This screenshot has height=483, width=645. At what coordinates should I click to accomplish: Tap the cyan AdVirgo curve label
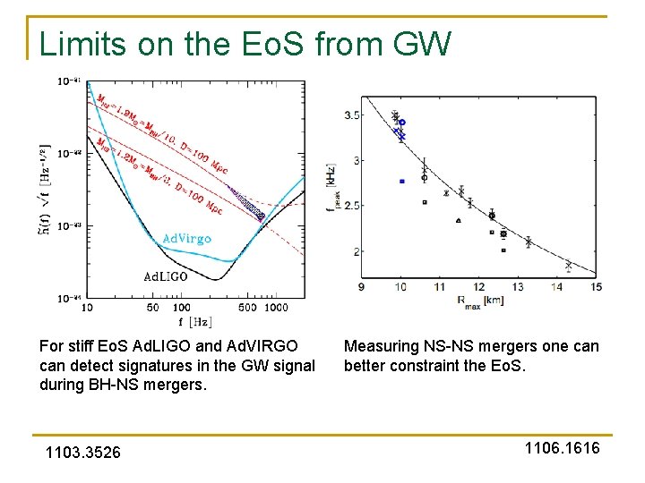[x=186, y=238]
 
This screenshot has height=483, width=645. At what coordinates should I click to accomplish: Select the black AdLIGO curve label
[x=166, y=276]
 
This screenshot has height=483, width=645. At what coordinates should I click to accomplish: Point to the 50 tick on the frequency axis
[x=152, y=308]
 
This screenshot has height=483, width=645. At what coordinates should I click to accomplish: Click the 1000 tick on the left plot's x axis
[x=278, y=308]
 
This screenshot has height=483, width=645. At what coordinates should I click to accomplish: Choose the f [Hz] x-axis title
[x=194, y=320]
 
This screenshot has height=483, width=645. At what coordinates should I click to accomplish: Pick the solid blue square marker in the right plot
[x=402, y=182]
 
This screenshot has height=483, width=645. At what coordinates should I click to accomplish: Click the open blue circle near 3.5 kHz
[x=402, y=122]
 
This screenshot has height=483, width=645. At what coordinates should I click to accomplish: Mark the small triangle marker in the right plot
[x=459, y=220]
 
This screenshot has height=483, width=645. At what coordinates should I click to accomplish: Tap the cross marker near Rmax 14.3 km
[x=568, y=265]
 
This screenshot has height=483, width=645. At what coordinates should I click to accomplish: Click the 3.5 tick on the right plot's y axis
[x=353, y=115]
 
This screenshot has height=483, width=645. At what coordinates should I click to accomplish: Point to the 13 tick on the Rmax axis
[x=518, y=287]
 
